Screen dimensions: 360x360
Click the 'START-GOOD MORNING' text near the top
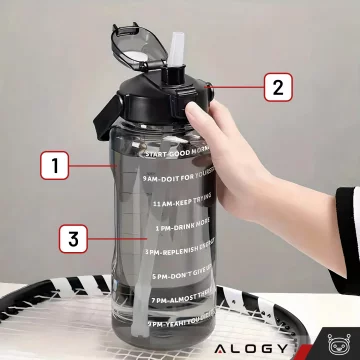180,154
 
